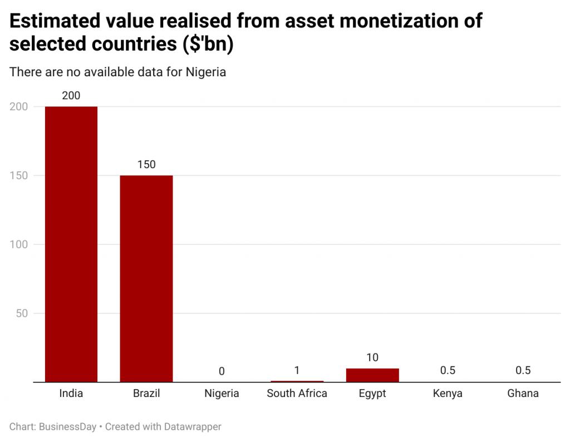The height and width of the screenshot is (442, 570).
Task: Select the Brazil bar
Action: tap(146, 278)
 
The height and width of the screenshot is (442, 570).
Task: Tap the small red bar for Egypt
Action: tap(372, 375)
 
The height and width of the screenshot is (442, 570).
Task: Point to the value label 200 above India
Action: tap(71, 96)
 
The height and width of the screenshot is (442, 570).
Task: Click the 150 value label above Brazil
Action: tap(146, 165)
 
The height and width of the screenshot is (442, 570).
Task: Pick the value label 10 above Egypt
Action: tap(372, 357)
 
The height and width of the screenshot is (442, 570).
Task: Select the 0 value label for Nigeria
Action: tap(222, 371)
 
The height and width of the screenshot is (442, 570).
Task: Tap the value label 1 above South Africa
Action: tap(297, 370)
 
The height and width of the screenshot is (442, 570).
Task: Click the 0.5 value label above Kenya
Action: tap(448, 371)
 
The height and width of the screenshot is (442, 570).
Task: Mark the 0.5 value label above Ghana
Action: tap(523, 371)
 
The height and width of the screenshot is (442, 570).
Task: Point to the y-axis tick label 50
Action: tap(22, 313)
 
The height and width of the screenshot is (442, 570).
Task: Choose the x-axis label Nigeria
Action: tap(222, 394)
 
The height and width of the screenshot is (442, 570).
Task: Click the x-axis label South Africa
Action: tap(297, 394)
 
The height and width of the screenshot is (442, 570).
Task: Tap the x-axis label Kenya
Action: tap(448, 394)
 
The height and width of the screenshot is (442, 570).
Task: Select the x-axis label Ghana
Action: tap(523, 394)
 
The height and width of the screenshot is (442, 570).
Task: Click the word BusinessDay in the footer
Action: tap(68, 427)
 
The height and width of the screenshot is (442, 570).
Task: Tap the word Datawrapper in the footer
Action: tap(193, 427)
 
